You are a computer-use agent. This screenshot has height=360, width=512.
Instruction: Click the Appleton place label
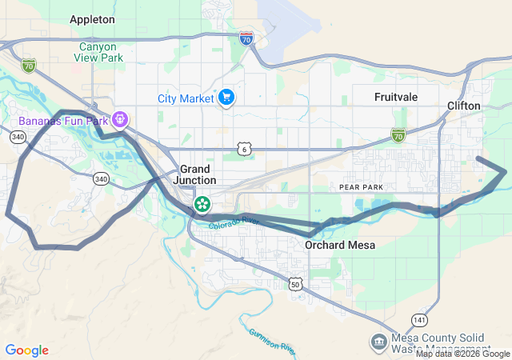coord(92,18)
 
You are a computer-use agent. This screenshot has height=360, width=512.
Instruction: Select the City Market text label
coord(185,98)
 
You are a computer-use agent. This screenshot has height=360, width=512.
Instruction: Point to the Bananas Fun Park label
coord(59,121)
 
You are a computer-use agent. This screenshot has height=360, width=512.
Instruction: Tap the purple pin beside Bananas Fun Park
coord(121,121)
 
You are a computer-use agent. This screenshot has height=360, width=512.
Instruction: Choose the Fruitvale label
coord(397,97)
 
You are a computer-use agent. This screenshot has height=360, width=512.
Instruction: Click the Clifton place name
coord(464,105)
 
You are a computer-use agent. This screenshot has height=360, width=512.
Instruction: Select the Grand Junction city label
coord(195,174)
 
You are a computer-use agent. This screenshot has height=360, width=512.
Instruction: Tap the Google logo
coord(27,350)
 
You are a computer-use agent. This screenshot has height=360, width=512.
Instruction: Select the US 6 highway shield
coord(244,148)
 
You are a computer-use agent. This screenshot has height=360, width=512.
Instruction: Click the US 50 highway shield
coord(295,284)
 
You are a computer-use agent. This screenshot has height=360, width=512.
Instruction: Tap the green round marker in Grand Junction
coord(203,204)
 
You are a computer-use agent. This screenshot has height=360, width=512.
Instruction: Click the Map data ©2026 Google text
coord(462,354)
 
